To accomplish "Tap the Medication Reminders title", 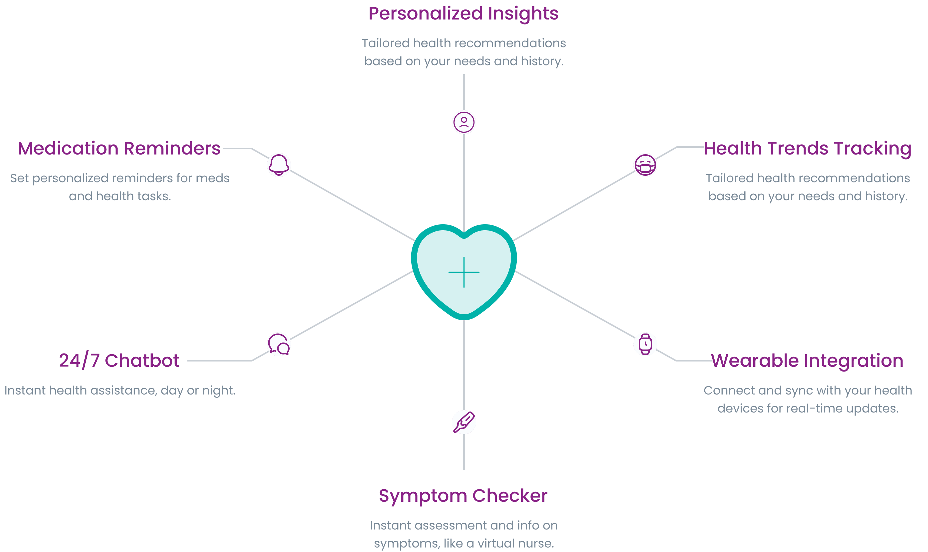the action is (x=119, y=148).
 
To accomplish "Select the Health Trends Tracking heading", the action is (x=807, y=149).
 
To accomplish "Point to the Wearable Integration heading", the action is (x=807, y=361).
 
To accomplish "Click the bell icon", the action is (x=279, y=165).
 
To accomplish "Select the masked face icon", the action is (x=645, y=165).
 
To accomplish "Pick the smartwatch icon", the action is (x=645, y=344).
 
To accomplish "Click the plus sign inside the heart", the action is (x=464, y=272).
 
